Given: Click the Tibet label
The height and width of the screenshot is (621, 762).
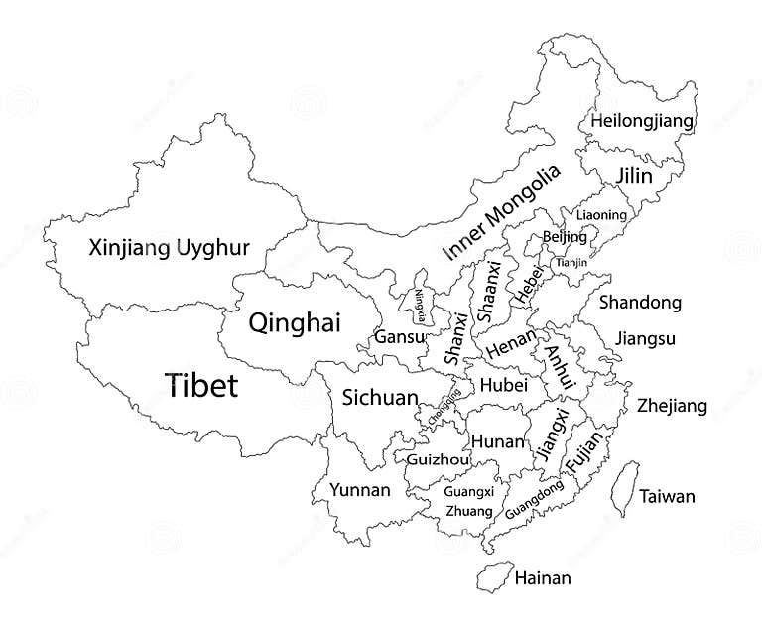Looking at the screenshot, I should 201,384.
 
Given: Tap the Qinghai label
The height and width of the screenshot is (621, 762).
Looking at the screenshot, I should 295,322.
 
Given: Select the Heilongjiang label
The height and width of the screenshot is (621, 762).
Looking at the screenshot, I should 642,121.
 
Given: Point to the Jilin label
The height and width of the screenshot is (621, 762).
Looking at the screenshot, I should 634,176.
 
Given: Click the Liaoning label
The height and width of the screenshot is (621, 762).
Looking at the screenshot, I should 601,215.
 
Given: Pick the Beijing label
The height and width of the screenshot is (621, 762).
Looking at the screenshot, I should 565,237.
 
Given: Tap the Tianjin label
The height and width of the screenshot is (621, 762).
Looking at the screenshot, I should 570,262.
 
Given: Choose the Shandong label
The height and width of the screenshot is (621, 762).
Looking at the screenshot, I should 641,303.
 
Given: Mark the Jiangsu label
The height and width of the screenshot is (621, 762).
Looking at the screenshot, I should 645,339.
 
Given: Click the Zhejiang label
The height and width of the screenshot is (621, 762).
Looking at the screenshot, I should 672,406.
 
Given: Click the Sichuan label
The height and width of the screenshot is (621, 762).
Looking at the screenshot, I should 380,398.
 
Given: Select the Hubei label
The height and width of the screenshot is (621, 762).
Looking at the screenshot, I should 503,385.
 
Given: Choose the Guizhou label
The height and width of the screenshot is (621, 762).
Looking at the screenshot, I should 438,460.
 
